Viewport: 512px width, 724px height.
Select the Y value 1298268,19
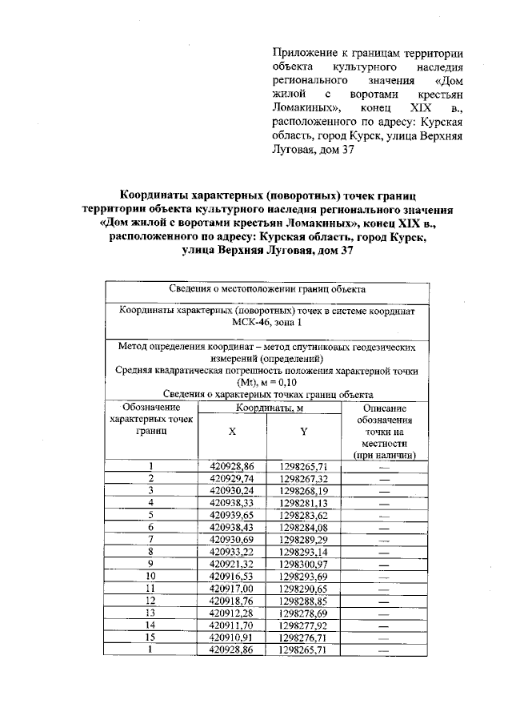click(x=304, y=490)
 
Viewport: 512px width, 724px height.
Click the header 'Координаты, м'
click(x=268, y=408)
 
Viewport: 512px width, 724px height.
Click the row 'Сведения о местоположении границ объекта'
click(x=268, y=288)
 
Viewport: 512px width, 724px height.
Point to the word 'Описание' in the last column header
click(x=384, y=408)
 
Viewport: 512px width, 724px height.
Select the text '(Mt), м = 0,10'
click(x=268, y=382)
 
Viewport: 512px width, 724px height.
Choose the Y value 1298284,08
click(x=304, y=528)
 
